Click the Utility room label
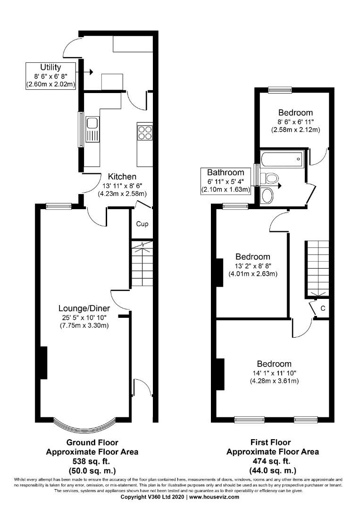(x=50, y=68)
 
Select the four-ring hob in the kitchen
(x=145, y=132)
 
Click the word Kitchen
(x=122, y=177)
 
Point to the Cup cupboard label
(x=142, y=224)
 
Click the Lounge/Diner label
(x=84, y=308)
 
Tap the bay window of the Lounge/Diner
(x=84, y=424)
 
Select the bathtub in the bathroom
(x=282, y=159)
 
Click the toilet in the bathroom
(x=270, y=178)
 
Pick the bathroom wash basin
(x=268, y=196)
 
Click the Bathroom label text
(x=226, y=172)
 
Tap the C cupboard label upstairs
(x=323, y=308)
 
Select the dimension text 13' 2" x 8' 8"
(x=253, y=266)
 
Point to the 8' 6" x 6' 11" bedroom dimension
(x=296, y=122)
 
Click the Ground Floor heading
(x=92, y=442)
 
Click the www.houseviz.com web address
(x=214, y=497)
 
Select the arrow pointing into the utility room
(x=87, y=72)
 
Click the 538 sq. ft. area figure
(x=92, y=461)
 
